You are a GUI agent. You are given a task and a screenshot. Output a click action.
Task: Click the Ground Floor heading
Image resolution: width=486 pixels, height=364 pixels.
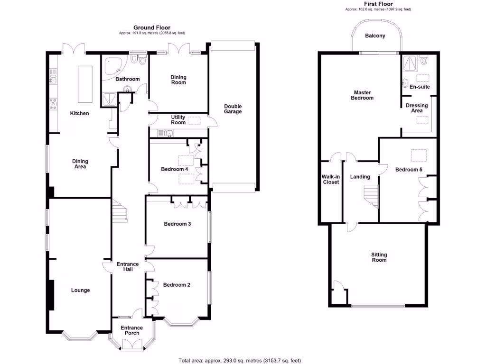tap(152, 27)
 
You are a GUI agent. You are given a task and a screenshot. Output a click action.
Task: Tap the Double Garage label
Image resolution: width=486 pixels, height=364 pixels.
tap(233, 109)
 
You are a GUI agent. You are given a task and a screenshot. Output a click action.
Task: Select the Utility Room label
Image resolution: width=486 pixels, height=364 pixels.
tap(178, 120)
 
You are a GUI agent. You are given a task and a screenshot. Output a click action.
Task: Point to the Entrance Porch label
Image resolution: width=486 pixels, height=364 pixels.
tap(131, 330)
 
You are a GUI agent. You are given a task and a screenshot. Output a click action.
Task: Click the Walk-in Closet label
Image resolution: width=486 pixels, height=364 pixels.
tap(331, 179)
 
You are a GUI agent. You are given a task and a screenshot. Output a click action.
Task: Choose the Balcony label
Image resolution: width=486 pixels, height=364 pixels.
tap(375, 36)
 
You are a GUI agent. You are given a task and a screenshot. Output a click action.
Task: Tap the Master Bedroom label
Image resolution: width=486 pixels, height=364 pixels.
tap(362, 95)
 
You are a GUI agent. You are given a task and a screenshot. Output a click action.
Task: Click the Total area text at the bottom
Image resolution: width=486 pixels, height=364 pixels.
tap(240, 361)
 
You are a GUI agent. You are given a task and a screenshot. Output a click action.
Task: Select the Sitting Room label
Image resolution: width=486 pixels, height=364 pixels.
tap(379, 257)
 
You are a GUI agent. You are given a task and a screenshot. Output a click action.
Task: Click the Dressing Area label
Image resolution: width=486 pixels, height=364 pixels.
tap(416, 108)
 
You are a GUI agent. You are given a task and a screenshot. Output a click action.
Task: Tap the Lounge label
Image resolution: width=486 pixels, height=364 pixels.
tap(80, 290)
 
